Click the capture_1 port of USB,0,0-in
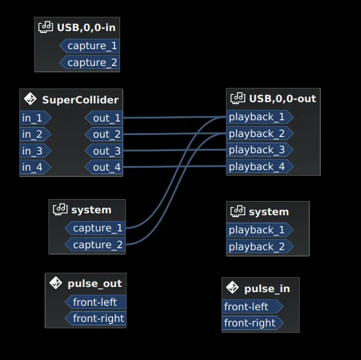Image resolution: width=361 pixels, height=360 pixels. pyautogui.click(x=92, y=46)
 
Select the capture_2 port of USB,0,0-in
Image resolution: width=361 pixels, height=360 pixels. pyautogui.click(x=92, y=63)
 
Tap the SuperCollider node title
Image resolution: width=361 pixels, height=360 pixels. pyautogui.click(x=80, y=100)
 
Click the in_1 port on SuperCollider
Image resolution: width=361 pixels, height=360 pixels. pyautogui.click(x=34, y=118)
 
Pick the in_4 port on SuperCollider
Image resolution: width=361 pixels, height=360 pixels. pyautogui.click(x=34, y=167)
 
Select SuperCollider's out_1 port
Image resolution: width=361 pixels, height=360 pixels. pyautogui.click(x=105, y=118)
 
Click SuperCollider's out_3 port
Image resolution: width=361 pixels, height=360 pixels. pyautogui.click(x=105, y=151)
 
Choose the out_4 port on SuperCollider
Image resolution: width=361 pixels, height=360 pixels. pyautogui.click(x=105, y=167)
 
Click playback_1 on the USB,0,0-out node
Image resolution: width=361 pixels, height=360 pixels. pyautogui.click(x=258, y=117)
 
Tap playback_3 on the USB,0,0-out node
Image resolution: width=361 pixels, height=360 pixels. pyautogui.click(x=258, y=150)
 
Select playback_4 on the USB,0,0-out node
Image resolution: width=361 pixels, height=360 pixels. pyautogui.click(x=258, y=167)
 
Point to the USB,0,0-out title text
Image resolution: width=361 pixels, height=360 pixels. pyautogui.click(x=282, y=99)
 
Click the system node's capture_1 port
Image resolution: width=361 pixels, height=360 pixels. pyautogui.click(x=97, y=228)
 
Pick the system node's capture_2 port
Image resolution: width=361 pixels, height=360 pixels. pyautogui.click(x=97, y=245)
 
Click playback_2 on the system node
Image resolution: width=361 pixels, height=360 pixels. pyautogui.click(x=258, y=247)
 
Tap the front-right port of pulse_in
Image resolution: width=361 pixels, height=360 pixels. pyautogui.click(x=251, y=323)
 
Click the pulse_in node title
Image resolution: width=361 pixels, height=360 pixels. pyautogui.click(x=267, y=289)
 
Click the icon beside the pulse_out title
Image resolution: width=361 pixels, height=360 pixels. pyautogui.click(x=56, y=284)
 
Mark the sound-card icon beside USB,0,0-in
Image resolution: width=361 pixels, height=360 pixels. pyautogui.click(x=46, y=27)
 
